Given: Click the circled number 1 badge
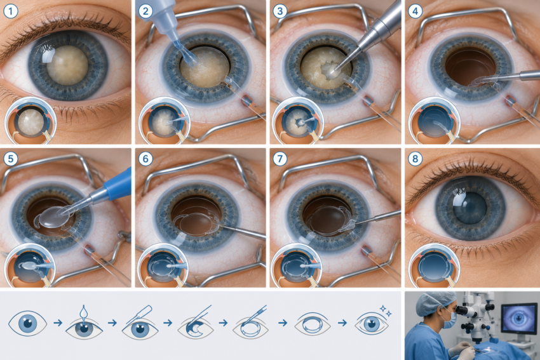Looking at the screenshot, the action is [x=11, y=11].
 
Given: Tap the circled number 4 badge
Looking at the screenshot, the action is [x=415, y=11].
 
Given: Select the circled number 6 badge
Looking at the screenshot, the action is [x=145, y=159].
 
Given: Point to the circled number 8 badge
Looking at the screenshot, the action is [x=415, y=159].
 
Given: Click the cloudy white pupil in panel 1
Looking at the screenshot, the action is [x=67, y=65].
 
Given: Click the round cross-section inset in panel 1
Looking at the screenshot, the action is [x=30, y=121].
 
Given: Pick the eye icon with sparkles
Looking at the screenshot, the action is [x=372, y=323].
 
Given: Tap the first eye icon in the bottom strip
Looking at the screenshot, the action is [x=27, y=323].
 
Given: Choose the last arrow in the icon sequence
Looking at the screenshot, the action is [x=342, y=323].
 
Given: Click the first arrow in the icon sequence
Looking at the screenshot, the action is [x=58, y=323].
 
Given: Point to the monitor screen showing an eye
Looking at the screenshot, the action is [x=519, y=319].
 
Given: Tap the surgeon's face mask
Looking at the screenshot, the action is [x=450, y=319].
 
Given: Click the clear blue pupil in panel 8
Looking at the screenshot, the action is [x=470, y=208].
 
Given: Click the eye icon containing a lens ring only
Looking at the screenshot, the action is [x=313, y=324].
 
